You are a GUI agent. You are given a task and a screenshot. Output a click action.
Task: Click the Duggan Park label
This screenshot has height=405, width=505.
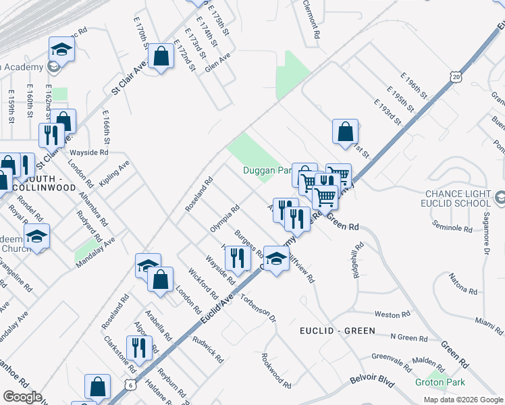tap(267, 170)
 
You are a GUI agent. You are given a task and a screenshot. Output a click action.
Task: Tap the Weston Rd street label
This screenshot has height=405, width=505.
tap(392, 314)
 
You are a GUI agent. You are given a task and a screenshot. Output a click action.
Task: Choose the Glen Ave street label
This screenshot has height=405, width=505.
tap(218, 65)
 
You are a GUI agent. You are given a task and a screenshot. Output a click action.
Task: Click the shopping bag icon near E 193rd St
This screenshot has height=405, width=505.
tap(345, 132)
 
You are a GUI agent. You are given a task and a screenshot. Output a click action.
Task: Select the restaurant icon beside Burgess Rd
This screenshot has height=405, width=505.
tap(237, 258)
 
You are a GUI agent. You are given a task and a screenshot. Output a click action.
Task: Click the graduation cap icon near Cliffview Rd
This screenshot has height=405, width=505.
tap(275, 259)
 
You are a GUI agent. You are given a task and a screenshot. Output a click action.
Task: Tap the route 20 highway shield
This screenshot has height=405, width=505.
tap(456, 78)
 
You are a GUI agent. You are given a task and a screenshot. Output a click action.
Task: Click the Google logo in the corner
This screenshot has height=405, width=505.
tap(22, 397)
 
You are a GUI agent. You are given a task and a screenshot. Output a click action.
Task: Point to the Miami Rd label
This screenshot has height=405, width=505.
tap(488, 320)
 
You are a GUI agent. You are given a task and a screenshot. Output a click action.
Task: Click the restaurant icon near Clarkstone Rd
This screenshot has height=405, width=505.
tap(139, 348)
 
